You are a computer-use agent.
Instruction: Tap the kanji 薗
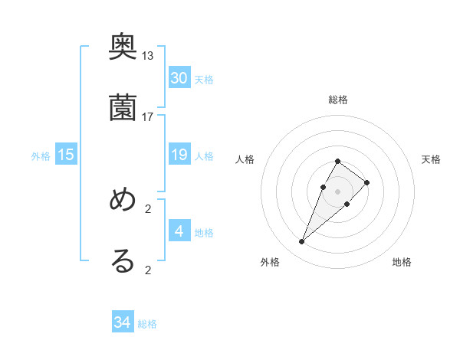pos(123,108)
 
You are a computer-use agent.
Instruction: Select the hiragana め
pos(123,201)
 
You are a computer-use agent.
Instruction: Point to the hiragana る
pos(123,260)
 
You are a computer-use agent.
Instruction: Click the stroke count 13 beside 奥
pos(148,56)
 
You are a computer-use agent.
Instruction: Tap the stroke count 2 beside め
pos(148,208)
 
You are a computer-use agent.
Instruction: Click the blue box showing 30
pos(179,77)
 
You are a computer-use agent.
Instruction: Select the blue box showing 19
pos(179,155)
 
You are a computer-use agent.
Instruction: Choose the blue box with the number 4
pos(179,231)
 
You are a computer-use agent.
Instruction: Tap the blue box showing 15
pos(66,155)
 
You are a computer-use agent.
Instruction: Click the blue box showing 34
pos(123,322)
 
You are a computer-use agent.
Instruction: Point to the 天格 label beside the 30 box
pos(204,79)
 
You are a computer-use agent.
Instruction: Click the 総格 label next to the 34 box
pos(147,324)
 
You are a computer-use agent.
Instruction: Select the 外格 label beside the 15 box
pos(41,156)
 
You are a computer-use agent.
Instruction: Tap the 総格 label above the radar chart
pos(338,100)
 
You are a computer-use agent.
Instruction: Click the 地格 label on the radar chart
pos(402,262)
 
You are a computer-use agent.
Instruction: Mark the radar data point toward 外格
pos(301,242)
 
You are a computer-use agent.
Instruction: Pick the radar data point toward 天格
pos(367,182)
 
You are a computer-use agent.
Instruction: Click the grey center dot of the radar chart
pos(337,191)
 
